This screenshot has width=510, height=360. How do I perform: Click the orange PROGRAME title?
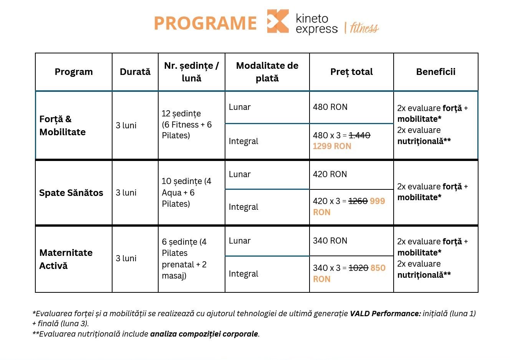coord(205,23)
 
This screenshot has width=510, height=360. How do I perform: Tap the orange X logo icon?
coord(278,21)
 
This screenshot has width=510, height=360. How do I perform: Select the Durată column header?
coord(135,72)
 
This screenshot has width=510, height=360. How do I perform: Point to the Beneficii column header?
coord(435,72)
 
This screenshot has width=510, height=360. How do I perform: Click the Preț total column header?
coord(351,72)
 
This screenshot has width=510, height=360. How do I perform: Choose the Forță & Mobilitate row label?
coord(63,125)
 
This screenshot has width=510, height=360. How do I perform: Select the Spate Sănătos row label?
coord(71,193)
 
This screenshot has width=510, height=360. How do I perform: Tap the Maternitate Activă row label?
coord(66,259)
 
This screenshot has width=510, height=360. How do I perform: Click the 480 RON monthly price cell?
coord(330,107)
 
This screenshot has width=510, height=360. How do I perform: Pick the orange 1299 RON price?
coord(332,146)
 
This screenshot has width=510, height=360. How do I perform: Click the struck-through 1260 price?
coord(358,201)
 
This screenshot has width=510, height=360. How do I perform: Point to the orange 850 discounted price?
coord(378,268)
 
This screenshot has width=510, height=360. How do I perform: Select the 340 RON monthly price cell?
coord(330,241)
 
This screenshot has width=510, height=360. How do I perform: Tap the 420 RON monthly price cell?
coord(330,174)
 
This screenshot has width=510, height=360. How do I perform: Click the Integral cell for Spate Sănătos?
coord(243,207)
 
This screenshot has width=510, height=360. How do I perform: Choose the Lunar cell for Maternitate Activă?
coord(240,241)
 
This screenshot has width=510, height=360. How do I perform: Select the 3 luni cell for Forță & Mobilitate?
coord(126,125)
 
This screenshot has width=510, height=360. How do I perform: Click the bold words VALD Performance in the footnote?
coord(385,314)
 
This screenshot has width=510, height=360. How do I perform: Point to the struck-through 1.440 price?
coord(359,135)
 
